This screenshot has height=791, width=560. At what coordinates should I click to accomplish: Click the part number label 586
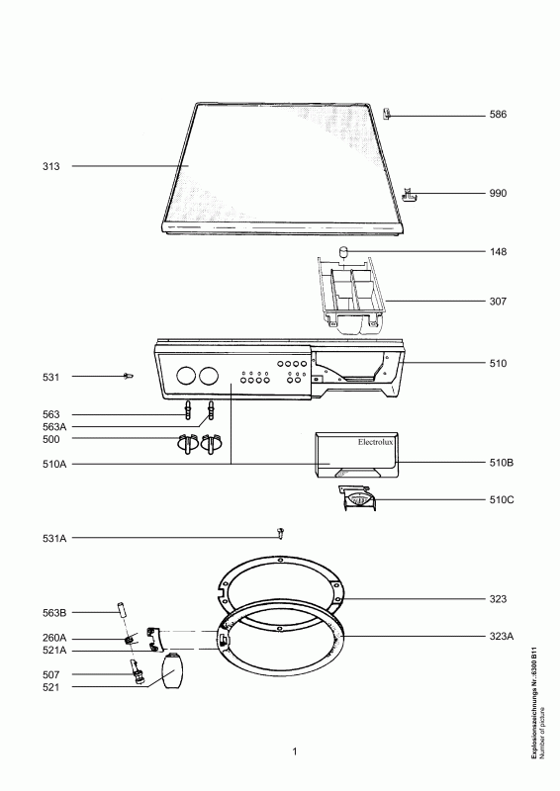point(498,115)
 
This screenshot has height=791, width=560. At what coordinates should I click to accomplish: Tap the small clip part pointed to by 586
point(387,114)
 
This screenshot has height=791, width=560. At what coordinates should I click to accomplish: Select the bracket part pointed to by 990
point(408,194)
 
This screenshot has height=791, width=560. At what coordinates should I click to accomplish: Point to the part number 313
point(51,166)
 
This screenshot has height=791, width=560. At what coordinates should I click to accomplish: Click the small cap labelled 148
point(343,251)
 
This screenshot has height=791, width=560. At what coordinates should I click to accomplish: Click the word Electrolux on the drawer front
point(375,442)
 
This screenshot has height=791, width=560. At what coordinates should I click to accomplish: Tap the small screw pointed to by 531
point(129,376)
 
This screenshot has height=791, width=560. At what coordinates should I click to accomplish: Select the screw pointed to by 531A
point(280,533)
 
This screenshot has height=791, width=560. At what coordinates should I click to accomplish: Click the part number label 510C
point(502,500)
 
